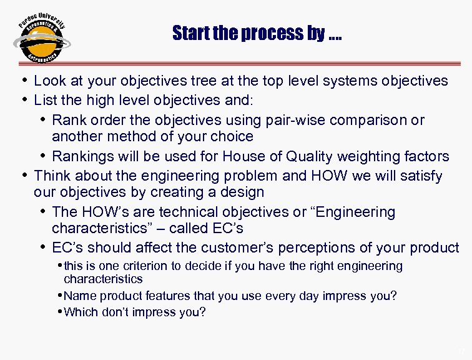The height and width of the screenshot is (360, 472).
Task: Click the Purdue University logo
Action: click(x=41, y=39)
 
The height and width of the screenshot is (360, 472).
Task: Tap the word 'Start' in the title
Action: click(x=190, y=33)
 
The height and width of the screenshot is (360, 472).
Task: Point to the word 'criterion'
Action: click(x=154, y=266)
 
